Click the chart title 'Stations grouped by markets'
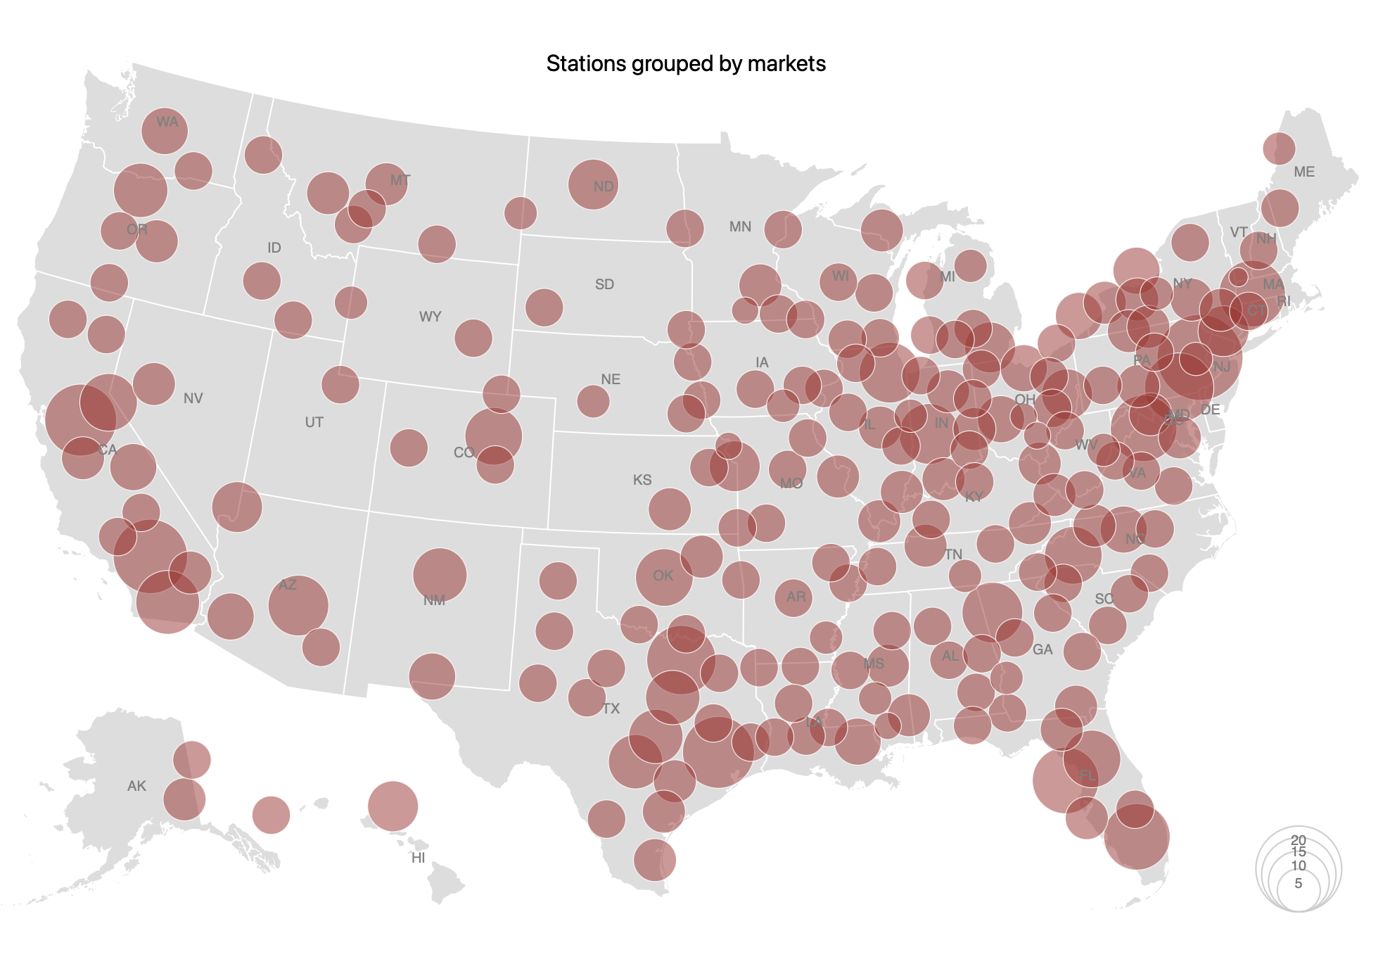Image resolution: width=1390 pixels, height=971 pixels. tap(686, 64)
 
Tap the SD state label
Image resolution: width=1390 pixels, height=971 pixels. tap(604, 284)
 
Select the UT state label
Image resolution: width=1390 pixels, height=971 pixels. tap(314, 422)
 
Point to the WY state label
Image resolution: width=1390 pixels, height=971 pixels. tap(430, 317)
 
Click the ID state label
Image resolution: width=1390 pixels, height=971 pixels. tap(274, 248)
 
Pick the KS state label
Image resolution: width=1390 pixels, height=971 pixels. tap(642, 480)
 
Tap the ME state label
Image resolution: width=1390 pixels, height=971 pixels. tap(1303, 172)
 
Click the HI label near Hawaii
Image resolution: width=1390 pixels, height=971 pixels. tap(418, 858)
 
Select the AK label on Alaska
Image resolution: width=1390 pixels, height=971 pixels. tap(136, 786)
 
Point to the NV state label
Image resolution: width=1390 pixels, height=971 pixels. tap(193, 398)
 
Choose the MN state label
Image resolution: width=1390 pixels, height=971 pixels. tap(740, 227)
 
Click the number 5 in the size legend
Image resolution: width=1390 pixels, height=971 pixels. tap(1298, 883)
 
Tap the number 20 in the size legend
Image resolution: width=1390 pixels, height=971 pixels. tap(1298, 839)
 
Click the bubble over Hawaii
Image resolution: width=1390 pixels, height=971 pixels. tap(393, 806)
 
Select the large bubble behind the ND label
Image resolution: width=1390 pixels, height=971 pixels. tap(593, 184)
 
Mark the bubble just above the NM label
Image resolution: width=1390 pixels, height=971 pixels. tap(440, 573)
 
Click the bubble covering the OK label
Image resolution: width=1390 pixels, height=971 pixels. tap(663, 577)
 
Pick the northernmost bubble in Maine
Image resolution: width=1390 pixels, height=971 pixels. tap(1278, 148)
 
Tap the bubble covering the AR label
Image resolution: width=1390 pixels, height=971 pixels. tap(793, 597)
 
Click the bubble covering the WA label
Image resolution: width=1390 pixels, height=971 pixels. tap(164, 131)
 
